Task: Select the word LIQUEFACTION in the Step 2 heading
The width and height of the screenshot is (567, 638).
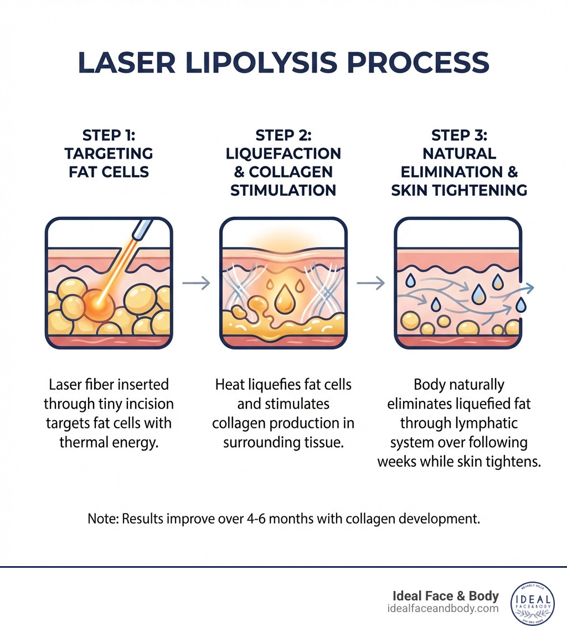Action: pos(283,153)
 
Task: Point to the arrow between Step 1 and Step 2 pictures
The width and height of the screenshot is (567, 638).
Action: pos(196,283)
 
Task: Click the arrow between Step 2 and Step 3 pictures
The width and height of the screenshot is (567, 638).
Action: pos(370,283)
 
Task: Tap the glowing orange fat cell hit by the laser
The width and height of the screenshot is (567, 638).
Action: pos(99,302)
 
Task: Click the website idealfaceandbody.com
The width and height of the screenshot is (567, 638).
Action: pos(444,608)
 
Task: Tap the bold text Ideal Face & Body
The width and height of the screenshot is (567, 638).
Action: pos(446,596)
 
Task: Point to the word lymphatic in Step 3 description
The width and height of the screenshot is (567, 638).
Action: pos(474,423)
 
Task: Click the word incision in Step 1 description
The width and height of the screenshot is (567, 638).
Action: pos(149,404)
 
